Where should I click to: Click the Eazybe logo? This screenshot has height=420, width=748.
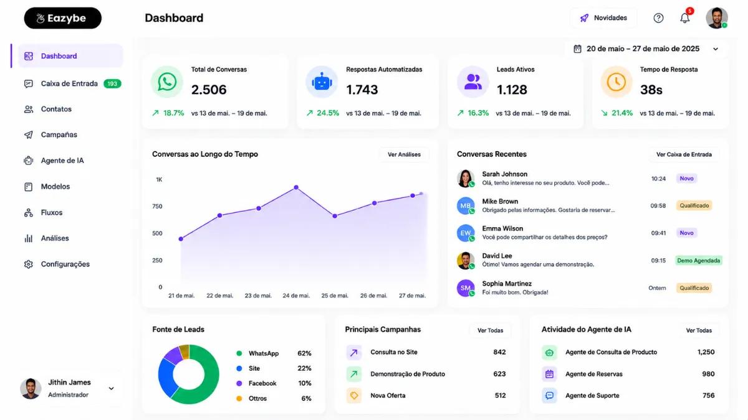(x=63, y=18)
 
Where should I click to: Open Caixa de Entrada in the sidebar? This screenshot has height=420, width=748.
(x=69, y=83)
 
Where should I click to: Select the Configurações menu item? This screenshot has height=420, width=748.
(x=65, y=264)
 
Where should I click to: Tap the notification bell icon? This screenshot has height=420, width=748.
(x=685, y=17)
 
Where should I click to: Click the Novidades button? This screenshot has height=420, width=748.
(x=603, y=17)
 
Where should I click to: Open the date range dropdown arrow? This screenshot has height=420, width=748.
(x=716, y=49)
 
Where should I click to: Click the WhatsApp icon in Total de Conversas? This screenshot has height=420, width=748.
(x=167, y=82)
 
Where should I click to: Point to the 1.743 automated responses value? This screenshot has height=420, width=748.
(x=362, y=90)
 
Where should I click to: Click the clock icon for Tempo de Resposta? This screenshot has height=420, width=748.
(x=616, y=82)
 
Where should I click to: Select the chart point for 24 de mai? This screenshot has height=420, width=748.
(x=296, y=187)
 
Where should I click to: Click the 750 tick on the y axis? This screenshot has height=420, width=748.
(x=157, y=207)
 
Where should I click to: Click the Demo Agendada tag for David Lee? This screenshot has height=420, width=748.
(x=699, y=260)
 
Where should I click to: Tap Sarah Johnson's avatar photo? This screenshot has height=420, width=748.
(x=466, y=179)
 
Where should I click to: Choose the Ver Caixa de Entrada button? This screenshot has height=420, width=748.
(x=684, y=154)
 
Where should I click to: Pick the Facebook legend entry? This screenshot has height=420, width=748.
(x=257, y=383)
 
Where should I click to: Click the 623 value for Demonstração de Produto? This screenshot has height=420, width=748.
(x=499, y=374)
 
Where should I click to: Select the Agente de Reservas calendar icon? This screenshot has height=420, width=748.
(x=549, y=374)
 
